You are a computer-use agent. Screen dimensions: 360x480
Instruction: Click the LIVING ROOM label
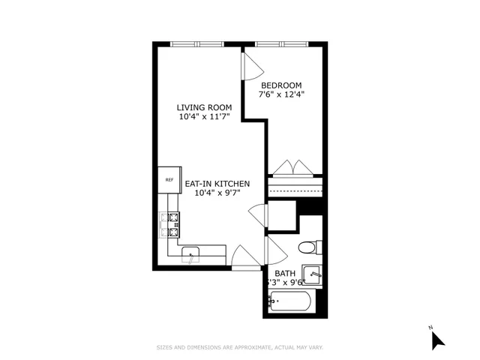pyautogui.click(x=204, y=107)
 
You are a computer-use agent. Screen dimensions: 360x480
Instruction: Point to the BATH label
pyautogui.click(x=284, y=273)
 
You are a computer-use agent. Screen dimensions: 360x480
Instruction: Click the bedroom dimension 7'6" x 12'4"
pyautogui.click(x=281, y=95)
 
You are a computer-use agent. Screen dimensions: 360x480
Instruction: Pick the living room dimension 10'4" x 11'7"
pyautogui.click(x=204, y=118)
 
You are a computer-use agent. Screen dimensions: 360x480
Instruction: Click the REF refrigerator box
pyautogui.click(x=169, y=179)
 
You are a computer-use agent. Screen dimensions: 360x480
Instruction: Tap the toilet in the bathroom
pyautogui.click(x=309, y=247)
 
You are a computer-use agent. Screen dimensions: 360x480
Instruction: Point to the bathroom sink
pyautogui.click(x=313, y=275)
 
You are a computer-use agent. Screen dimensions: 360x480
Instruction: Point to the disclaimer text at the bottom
pyautogui.click(x=239, y=347)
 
